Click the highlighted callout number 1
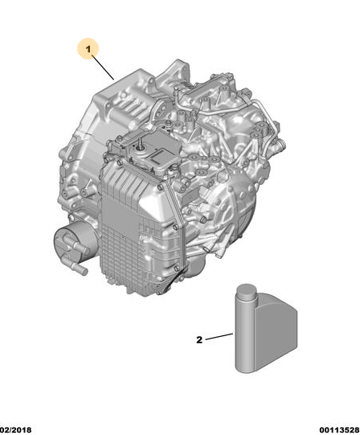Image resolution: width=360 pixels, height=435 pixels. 88,49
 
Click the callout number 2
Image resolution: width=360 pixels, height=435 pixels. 199,340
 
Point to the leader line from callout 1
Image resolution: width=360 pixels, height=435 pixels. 103,68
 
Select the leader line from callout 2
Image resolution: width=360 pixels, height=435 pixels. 219,337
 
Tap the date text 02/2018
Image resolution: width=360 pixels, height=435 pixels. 16,430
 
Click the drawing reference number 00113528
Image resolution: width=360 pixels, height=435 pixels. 339,430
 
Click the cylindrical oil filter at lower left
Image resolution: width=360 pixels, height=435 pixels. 73,241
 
